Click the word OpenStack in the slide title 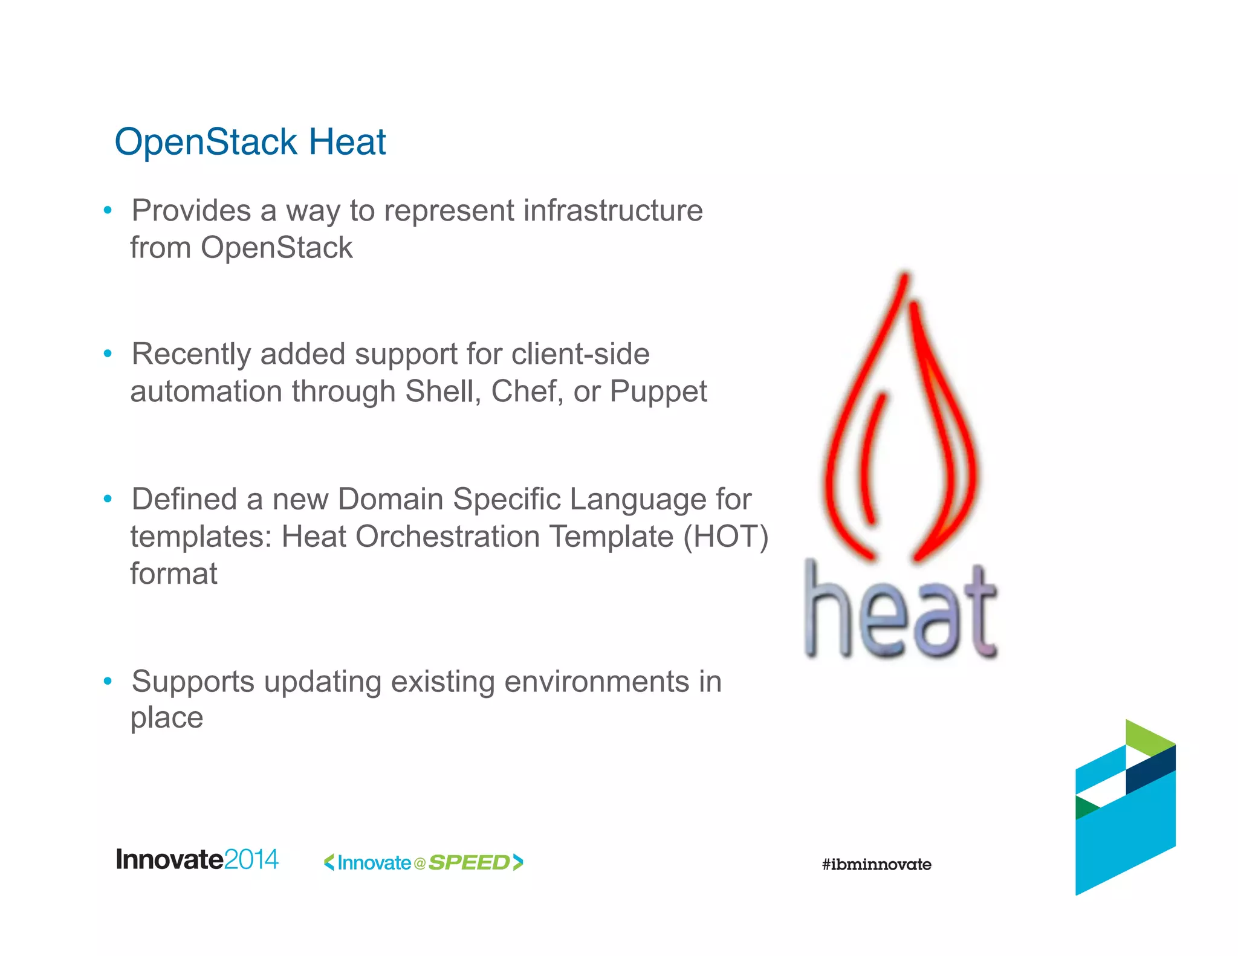206,143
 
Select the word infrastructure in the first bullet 613,211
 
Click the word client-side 580,354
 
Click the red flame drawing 901,423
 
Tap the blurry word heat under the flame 901,613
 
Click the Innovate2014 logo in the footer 197,859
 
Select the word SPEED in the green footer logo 469,862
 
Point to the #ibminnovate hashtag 877,864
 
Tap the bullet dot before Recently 108,354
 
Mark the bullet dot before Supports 108,681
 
